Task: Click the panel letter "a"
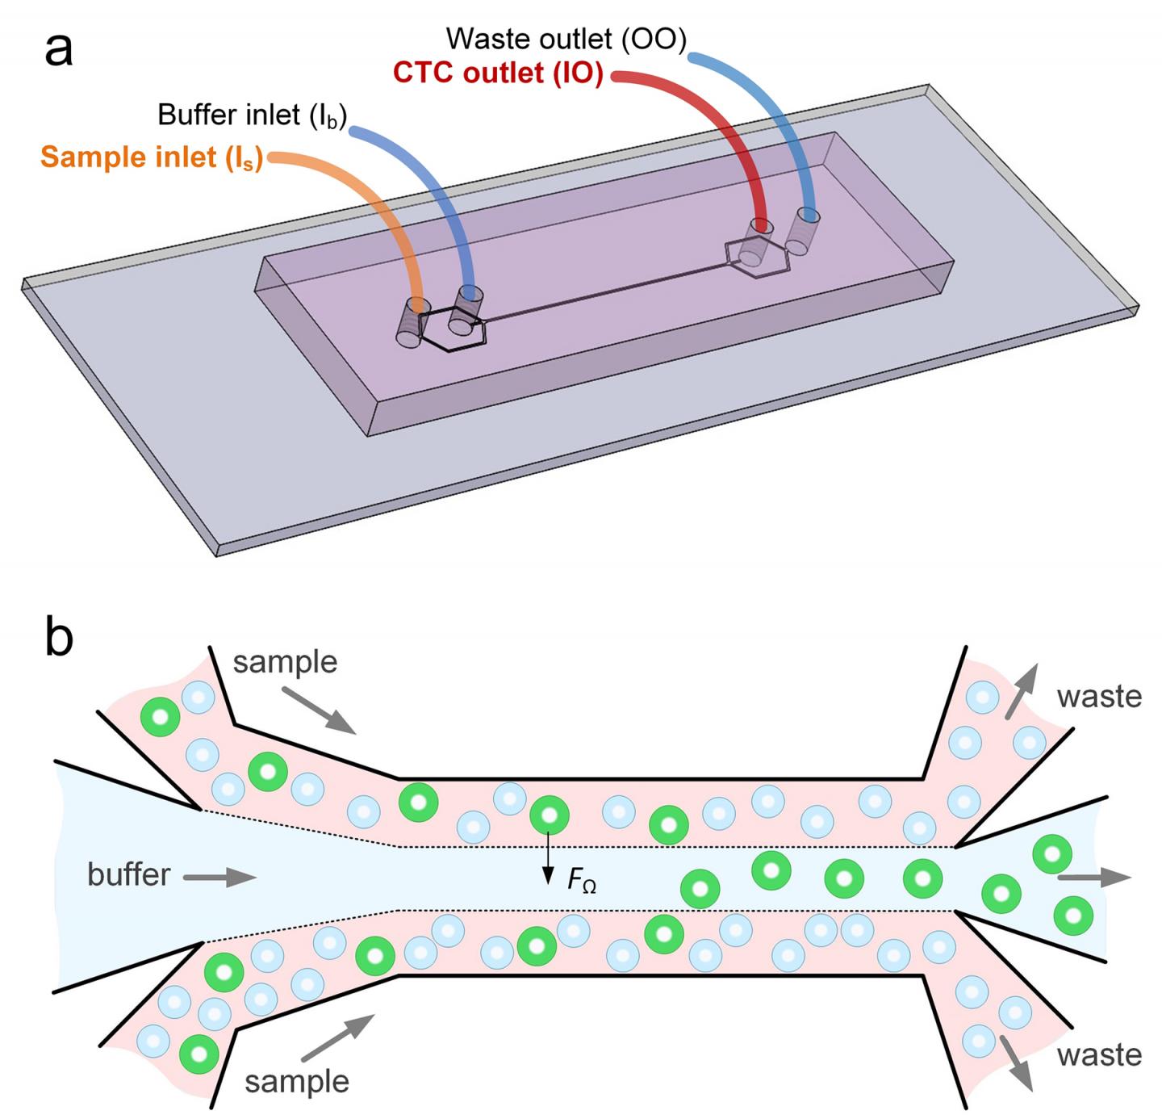tap(58, 50)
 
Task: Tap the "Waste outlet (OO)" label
tap(566, 38)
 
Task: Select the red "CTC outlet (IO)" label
tap(498, 73)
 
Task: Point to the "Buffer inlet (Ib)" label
tap(252, 115)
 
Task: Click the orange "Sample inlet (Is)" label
tap(152, 157)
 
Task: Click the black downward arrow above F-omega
tap(548, 856)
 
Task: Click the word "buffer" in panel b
tap(128, 875)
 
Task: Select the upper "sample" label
tap(285, 662)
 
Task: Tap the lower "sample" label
tap(297, 1081)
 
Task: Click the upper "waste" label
tap(1099, 696)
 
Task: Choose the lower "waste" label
tap(1099, 1055)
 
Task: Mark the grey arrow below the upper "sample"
tap(319, 711)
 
